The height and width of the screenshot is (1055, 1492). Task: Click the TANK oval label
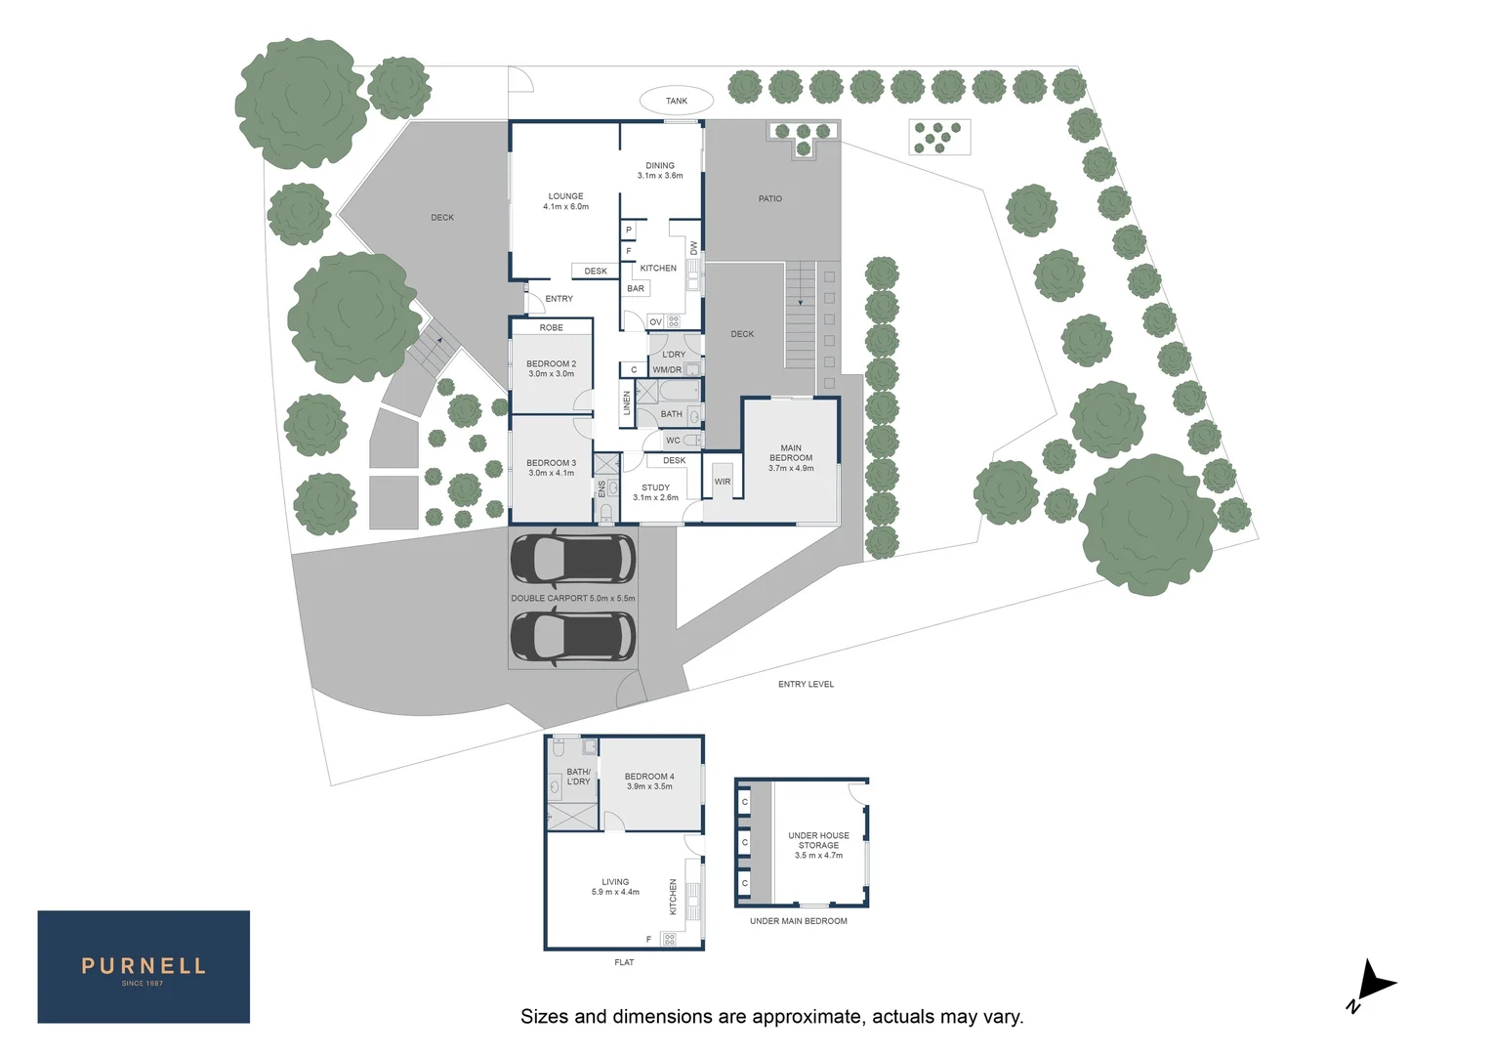tap(676, 101)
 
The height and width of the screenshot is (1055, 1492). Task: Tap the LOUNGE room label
tap(565, 201)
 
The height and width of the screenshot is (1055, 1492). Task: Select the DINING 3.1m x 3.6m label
tap(660, 171)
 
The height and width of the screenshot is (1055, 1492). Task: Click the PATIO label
tap(769, 198)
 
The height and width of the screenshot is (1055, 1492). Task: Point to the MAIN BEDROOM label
tap(790, 458)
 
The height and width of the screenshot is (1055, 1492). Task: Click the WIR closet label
tap(722, 482)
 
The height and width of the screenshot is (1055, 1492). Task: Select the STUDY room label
tap(655, 492)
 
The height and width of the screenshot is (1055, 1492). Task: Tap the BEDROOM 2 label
tap(551, 368)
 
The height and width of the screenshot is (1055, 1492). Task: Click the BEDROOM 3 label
tap(551, 468)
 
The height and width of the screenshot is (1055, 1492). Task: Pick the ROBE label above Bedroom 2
tap(551, 328)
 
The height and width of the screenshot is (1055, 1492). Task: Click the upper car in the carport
tap(572, 559)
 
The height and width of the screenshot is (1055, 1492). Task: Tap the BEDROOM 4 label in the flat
tap(649, 781)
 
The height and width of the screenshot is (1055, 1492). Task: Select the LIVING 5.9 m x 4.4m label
tap(615, 887)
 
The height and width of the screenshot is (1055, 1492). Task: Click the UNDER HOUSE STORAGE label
tap(818, 845)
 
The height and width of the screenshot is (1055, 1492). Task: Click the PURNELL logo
tap(144, 967)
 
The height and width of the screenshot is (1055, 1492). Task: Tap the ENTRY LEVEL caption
tap(806, 684)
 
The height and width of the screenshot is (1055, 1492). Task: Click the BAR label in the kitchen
tap(636, 289)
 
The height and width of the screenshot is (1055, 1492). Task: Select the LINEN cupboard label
tap(627, 402)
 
